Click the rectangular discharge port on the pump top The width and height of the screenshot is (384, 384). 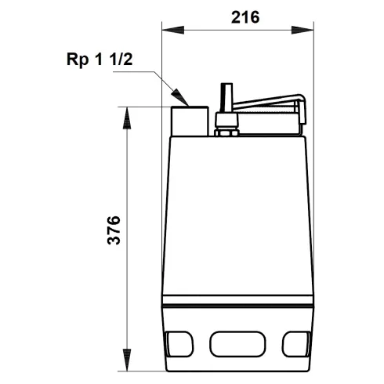190,119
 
